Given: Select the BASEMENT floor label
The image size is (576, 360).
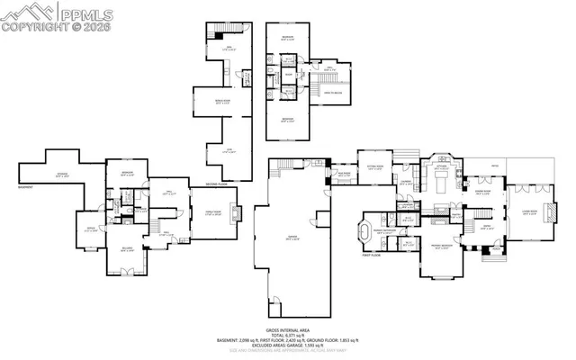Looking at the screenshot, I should tap(28, 188).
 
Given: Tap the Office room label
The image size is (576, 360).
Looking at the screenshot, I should tap(90, 229).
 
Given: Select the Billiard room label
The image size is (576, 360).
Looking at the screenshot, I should tap(127, 250).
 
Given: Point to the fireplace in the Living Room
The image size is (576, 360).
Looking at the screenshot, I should tap(552, 214).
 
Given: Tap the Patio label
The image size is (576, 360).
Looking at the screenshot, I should tap(494, 166).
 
